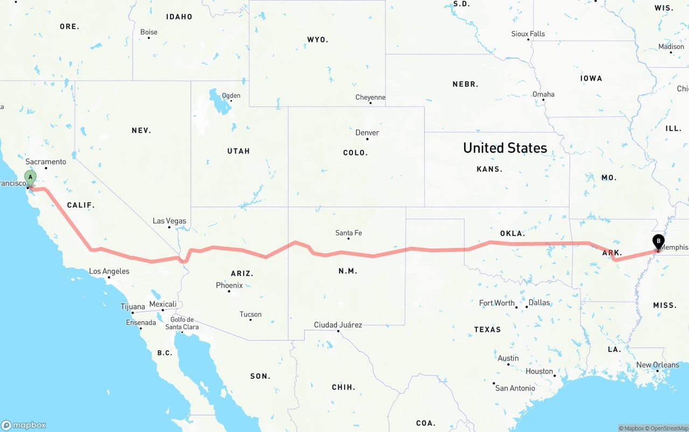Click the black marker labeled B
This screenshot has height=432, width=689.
[658, 242]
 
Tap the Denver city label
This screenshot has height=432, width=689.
[367, 132]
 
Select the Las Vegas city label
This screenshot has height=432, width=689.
[169, 221]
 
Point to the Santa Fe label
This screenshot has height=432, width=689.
[348, 233]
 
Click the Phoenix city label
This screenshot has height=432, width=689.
[229, 285]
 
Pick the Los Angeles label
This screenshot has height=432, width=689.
[109, 271]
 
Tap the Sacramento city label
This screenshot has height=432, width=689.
[46, 161]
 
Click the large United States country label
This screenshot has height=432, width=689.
[505, 148]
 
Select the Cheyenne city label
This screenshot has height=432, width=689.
[370, 97]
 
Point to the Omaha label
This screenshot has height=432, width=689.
[543, 94]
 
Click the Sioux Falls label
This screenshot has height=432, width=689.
[528, 33]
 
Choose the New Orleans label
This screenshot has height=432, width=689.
[657, 365]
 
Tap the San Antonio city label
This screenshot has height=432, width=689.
[515, 388]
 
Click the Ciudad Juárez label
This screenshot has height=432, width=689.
[338, 324]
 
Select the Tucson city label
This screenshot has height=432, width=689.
[250, 314]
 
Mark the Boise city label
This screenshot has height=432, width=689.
[149, 32]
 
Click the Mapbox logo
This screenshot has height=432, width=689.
[24, 425]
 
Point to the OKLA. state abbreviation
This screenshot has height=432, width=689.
[512, 233]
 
